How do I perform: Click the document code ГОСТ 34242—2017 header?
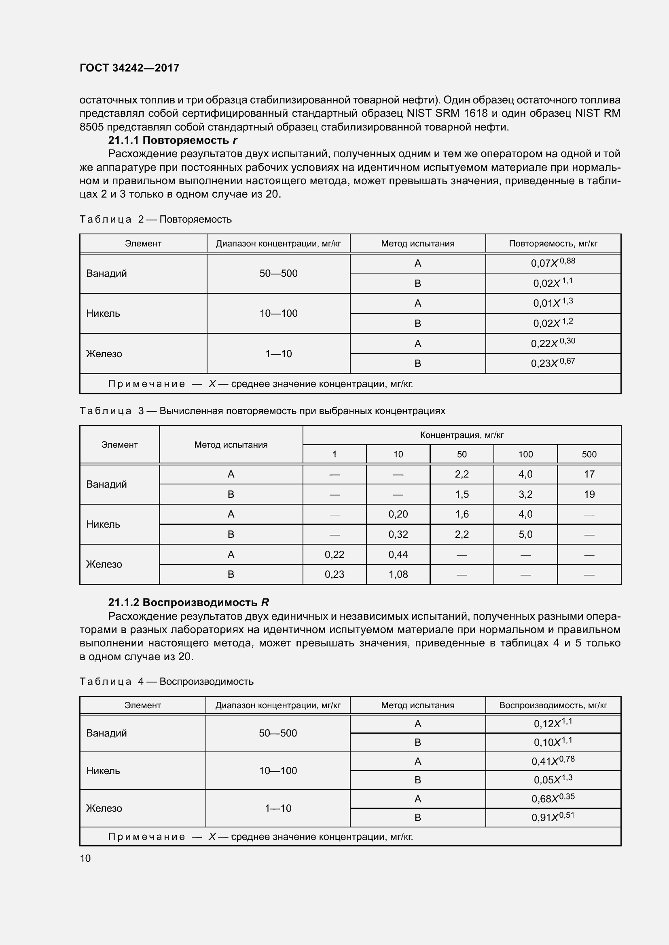coord(129,68)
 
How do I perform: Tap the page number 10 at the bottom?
coord(85,858)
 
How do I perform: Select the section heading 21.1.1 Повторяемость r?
coord(173,140)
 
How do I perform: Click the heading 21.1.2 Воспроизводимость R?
coord(188,602)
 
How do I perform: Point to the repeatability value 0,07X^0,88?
coord(553,263)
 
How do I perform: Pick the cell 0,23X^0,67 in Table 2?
coord(553,363)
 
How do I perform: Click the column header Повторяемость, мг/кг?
coord(553,243)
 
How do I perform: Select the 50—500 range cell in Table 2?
coord(278,273)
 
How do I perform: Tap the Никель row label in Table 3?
coord(103,524)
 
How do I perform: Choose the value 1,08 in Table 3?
coord(398,574)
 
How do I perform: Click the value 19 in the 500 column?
coord(589,494)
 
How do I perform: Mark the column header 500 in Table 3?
coord(589,455)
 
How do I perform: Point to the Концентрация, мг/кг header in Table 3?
coord(462,435)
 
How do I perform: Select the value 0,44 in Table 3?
coord(398,554)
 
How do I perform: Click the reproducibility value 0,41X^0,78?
coord(553,761)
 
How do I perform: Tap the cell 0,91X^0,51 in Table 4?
coord(553,817)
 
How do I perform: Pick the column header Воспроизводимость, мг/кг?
coord(553,705)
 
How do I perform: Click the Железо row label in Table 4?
coord(104,808)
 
